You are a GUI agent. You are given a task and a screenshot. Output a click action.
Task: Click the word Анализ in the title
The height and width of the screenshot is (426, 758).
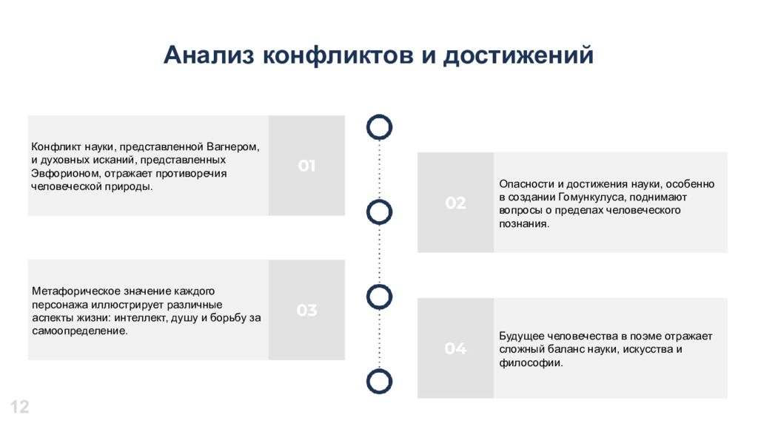point(209,55)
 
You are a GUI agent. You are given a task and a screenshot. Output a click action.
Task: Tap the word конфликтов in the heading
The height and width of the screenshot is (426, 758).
point(338,55)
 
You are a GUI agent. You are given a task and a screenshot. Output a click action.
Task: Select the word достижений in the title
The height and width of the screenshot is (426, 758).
point(518,55)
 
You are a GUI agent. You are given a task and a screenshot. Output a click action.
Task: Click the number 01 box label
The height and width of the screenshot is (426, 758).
point(307,166)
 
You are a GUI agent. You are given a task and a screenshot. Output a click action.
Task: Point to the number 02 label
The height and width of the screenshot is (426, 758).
point(455,203)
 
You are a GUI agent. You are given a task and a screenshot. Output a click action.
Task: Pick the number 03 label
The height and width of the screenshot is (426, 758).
point(307,310)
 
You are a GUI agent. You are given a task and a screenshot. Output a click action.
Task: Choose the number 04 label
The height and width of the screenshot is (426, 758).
point(455,348)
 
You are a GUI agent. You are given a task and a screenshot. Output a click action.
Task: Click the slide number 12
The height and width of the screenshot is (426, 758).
point(20,408)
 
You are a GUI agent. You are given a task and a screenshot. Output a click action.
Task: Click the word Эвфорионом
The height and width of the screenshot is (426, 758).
point(66,173)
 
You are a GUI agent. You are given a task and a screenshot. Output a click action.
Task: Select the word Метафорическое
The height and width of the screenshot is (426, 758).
point(76,291)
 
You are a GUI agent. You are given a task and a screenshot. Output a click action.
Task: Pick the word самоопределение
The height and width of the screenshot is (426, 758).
point(80,331)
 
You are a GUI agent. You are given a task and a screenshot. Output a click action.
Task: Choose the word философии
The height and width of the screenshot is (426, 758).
point(531,362)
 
